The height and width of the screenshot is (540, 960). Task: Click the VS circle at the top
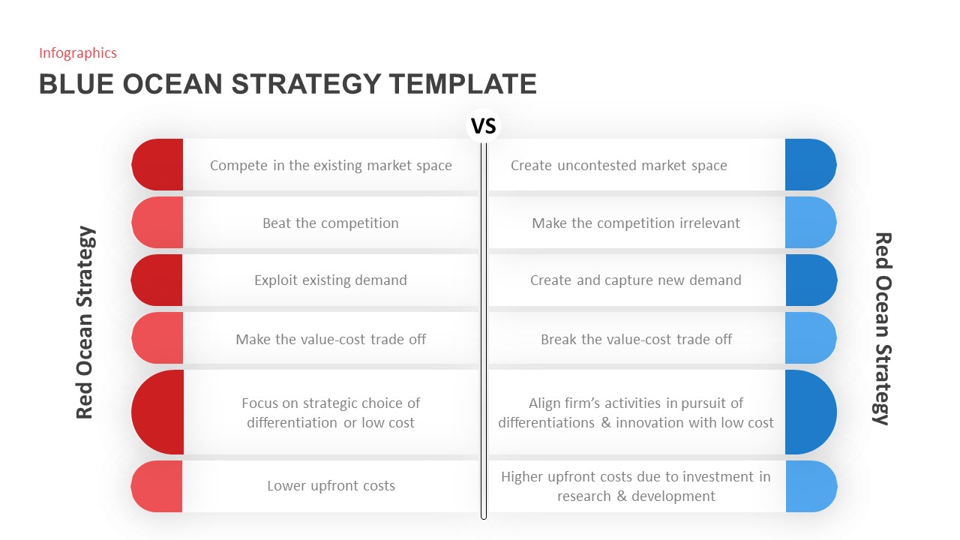[x=484, y=125]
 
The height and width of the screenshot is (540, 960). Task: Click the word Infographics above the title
[x=78, y=52]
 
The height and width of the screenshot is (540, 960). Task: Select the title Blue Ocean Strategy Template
[x=287, y=84]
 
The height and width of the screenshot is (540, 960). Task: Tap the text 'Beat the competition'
[x=330, y=223]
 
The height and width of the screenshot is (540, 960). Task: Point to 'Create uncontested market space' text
[x=619, y=165]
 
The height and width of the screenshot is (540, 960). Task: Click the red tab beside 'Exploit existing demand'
[x=157, y=280]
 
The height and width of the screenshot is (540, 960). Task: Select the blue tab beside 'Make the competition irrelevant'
[x=810, y=223]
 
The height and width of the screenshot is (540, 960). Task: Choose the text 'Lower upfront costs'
[x=331, y=486]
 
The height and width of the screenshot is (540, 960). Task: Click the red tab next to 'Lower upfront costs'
[x=157, y=486]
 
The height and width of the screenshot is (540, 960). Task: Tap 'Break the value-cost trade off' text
[x=636, y=339]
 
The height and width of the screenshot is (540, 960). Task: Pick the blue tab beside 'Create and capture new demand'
[x=810, y=280]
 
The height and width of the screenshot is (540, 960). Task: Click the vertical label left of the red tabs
[x=85, y=322]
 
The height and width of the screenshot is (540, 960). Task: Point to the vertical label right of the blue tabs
[x=883, y=328]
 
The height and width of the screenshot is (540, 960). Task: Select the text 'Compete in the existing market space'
[x=331, y=165]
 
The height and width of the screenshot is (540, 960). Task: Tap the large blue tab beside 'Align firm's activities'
[x=810, y=412]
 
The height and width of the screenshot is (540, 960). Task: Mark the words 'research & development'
[x=636, y=496]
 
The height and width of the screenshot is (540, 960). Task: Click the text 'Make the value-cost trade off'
[x=331, y=339]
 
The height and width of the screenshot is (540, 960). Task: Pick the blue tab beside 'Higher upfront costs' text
[x=810, y=486]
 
